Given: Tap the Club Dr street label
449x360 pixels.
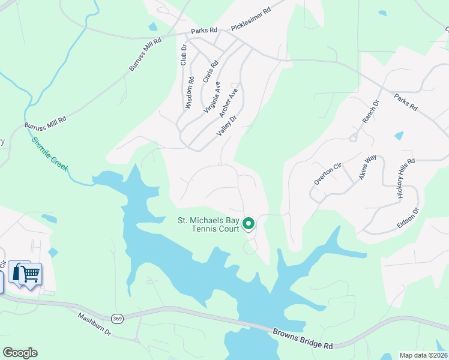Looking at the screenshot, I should [184, 55].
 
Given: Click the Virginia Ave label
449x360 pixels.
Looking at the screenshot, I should [212, 98].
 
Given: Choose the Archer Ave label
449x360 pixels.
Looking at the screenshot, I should [229, 103].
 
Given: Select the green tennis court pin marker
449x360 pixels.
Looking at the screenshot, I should [249, 224].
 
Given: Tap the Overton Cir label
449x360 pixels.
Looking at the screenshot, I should [327, 172].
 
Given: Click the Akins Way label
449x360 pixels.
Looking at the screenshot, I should [367, 167].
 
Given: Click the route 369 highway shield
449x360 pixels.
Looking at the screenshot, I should [117, 319].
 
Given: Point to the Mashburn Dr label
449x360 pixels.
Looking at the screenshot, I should [95, 323].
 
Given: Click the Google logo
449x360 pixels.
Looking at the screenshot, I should [20, 353].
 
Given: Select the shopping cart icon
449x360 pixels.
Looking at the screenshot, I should [30, 274].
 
